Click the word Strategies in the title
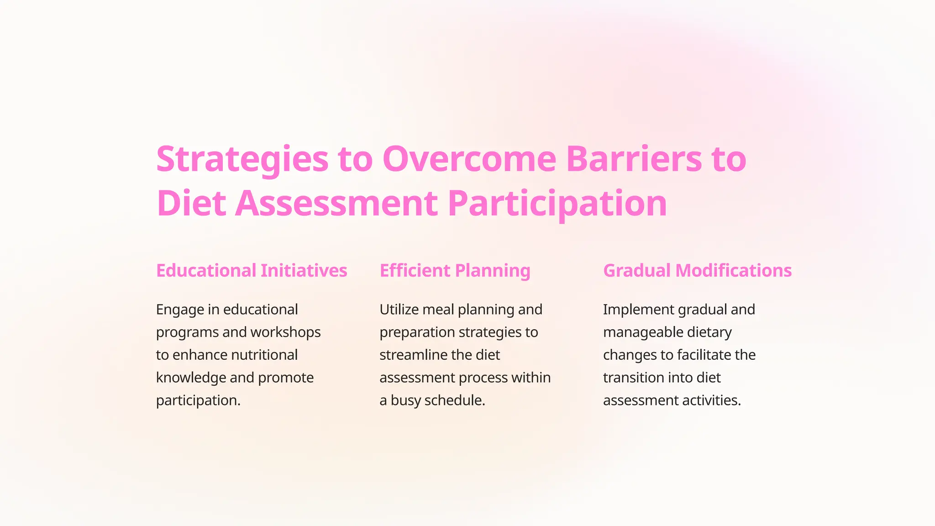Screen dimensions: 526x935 [242, 159]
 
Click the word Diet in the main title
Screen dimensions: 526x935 [191, 203]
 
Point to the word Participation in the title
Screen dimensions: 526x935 [557, 203]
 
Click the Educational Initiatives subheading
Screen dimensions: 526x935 [252, 270]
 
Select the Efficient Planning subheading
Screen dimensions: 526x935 [455, 270]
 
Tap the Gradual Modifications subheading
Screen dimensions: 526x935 [697, 270]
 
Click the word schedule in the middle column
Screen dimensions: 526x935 [454, 400]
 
